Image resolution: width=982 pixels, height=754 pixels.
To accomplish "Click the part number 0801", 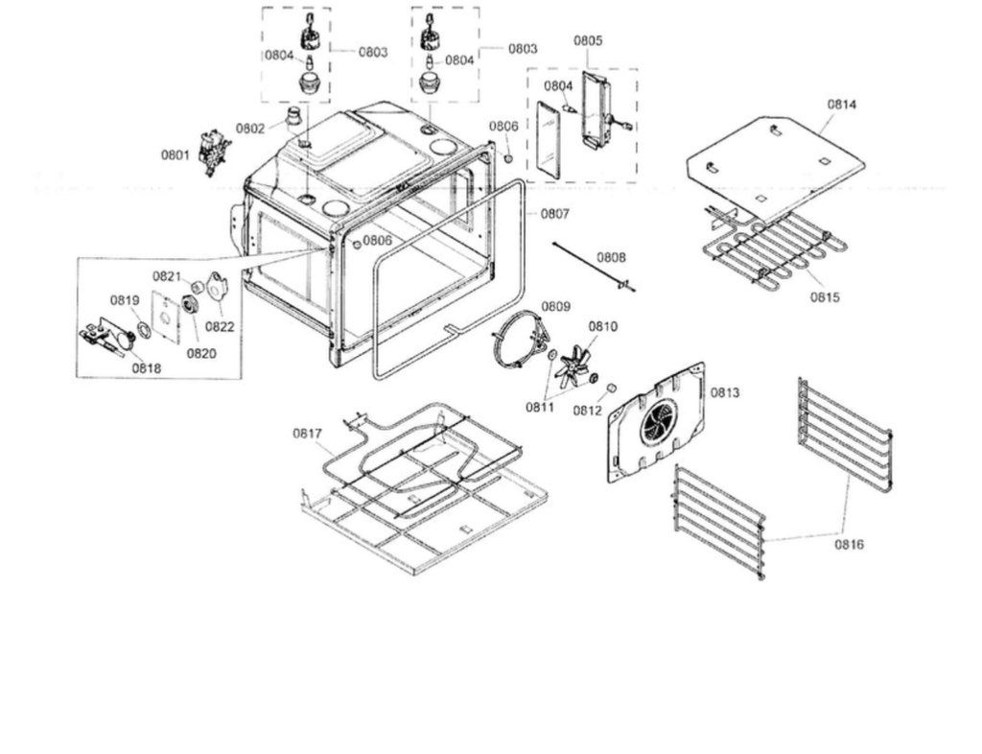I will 175,153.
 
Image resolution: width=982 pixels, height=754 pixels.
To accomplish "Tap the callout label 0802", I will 250,129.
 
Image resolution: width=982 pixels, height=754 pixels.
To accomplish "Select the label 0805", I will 588,40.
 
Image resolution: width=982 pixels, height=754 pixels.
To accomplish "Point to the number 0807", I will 555,213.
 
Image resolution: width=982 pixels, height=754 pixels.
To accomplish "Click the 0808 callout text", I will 611,257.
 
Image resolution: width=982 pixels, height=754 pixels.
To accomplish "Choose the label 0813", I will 725,392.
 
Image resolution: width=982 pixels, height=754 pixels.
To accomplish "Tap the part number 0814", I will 843,104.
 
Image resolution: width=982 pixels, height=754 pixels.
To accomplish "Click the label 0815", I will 825,296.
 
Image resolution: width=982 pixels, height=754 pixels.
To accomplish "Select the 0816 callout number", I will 848,544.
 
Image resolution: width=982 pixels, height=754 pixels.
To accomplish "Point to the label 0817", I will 307,434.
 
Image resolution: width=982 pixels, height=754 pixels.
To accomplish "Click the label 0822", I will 220,326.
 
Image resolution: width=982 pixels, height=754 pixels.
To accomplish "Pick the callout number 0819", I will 125,299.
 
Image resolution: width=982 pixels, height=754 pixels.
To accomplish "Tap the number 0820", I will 201,352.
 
